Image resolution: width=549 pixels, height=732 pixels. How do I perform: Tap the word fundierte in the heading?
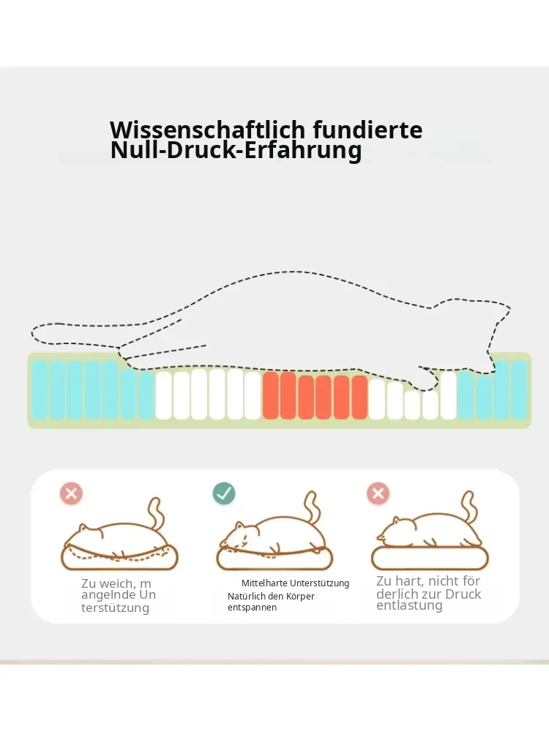(x=368, y=130)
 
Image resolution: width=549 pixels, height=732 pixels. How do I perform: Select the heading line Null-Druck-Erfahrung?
(x=236, y=151)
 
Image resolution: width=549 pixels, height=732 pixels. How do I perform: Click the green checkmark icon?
(x=224, y=493)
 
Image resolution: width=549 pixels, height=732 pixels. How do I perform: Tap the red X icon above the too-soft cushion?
(x=71, y=493)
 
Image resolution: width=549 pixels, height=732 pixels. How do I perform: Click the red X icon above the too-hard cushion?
(x=378, y=493)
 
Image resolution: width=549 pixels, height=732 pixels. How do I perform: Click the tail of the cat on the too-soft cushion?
(x=157, y=515)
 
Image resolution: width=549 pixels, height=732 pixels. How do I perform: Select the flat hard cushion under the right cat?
(x=430, y=558)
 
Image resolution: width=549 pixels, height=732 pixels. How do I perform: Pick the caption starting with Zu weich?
(x=119, y=595)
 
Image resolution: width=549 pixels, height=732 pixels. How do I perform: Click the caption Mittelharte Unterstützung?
(x=295, y=583)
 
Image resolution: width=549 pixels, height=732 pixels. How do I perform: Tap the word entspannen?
(x=252, y=608)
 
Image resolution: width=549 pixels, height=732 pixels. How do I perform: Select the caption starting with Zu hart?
(x=428, y=594)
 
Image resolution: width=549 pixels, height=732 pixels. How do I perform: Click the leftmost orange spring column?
(x=271, y=395)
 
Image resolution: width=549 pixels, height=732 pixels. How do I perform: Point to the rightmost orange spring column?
(x=359, y=397)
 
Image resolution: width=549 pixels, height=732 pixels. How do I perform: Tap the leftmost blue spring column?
(x=40, y=389)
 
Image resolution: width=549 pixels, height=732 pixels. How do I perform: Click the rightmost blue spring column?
(x=519, y=389)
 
